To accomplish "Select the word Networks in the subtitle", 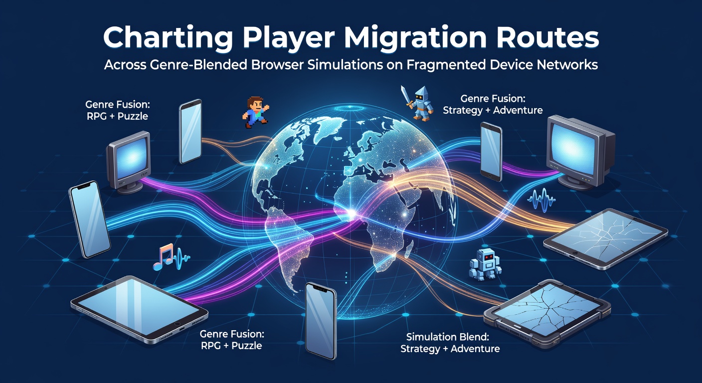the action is point(566,65).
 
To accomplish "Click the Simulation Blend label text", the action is point(447,337).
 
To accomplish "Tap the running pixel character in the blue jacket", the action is point(256,112).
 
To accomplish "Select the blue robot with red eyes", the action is point(485,264).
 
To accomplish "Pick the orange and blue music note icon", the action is point(163,256).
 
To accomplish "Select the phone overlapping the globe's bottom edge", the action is point(321,321).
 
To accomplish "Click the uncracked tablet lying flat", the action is point(139,309).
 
